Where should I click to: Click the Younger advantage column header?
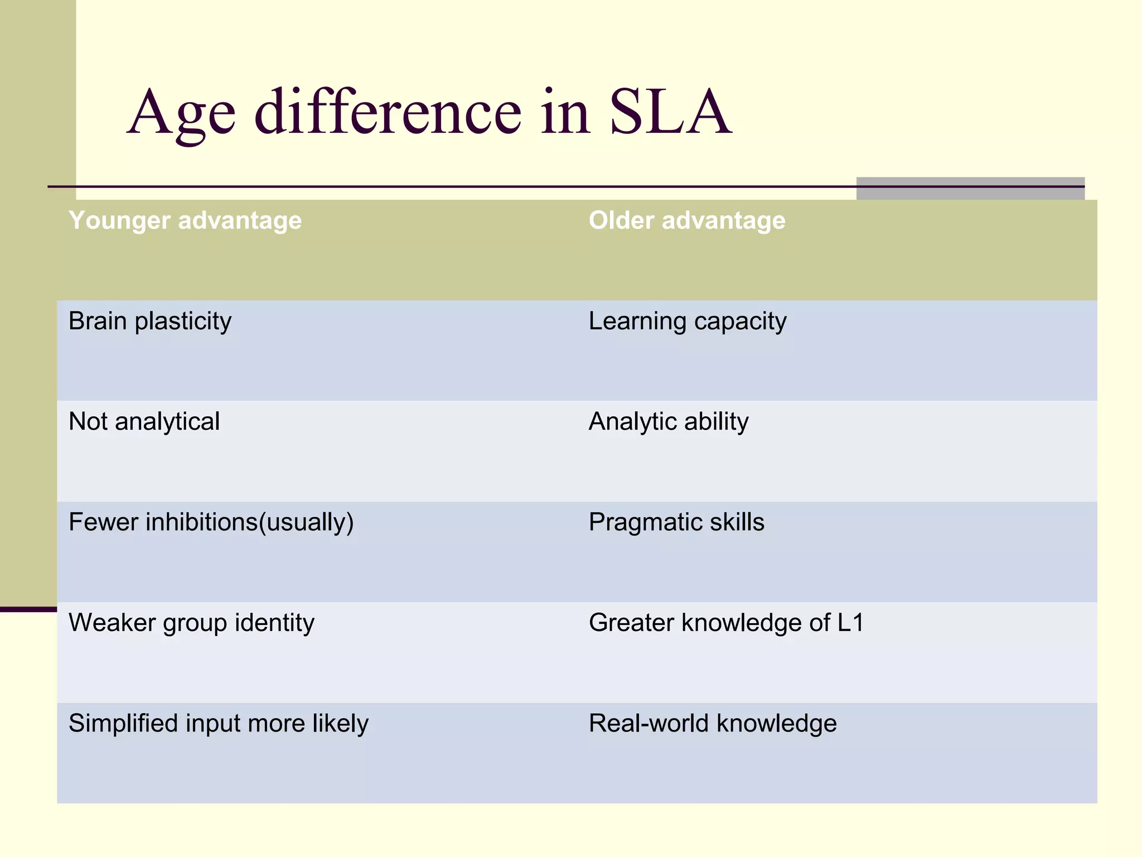185,220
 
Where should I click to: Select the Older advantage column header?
687,220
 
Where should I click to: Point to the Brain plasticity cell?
150,321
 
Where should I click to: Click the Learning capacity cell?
688,321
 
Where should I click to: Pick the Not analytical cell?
144,422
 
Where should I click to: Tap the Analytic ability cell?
669,422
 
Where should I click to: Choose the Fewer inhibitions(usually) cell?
211,523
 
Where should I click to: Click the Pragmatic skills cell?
676,523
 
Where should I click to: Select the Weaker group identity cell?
191,623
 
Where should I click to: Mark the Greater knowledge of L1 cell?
726,623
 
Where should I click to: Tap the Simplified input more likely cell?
218,724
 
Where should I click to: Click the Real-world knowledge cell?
713,724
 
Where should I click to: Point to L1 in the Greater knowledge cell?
850,623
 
